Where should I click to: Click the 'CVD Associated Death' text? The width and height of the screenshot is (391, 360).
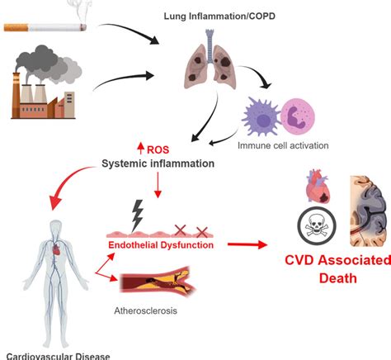(327, 269)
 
